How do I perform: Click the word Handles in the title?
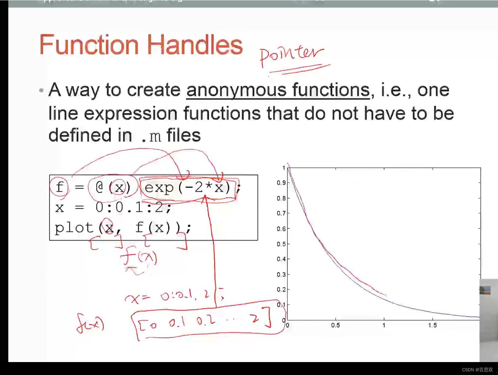[x=195, y=45]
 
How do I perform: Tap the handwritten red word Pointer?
[x=291, y=54]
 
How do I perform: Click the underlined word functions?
[x=331, y=90]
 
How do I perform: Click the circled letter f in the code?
[x=59, y=186]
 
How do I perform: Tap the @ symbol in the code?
[x=99, y=187]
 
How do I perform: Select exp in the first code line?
[x=159, y=187]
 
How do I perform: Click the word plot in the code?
[x=74, y=228]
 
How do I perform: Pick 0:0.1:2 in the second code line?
[x=133, y=207]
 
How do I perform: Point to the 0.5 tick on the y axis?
[x=281, y=244]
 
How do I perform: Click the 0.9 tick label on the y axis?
[x=281, y=183]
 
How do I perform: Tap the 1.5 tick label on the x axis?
[x=432, y=325]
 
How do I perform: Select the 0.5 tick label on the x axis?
[x=335, y=325]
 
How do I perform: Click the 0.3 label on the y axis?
[x=281, y=275]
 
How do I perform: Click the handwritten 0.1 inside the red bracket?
[x=177, y=323]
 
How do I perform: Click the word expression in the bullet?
[x=131, y=113]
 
